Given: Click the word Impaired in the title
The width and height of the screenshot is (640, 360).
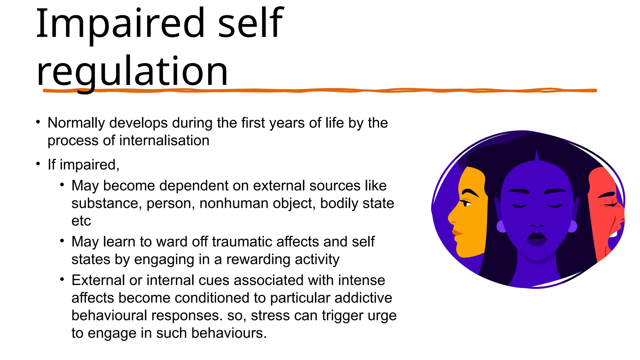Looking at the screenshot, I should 120,23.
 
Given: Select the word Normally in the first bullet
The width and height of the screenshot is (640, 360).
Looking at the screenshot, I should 76,123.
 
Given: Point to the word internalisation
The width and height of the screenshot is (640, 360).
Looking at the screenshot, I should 164,141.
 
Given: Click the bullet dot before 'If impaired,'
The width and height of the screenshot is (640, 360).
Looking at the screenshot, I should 38,164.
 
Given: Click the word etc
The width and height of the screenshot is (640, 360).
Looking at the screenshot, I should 81,221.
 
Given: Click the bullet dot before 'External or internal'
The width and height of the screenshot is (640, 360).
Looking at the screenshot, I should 62,279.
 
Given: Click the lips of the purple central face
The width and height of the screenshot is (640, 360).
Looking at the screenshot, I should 537,239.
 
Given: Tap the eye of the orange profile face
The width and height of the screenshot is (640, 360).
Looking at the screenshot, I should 467,203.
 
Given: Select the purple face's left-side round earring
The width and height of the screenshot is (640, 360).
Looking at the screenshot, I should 501,226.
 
